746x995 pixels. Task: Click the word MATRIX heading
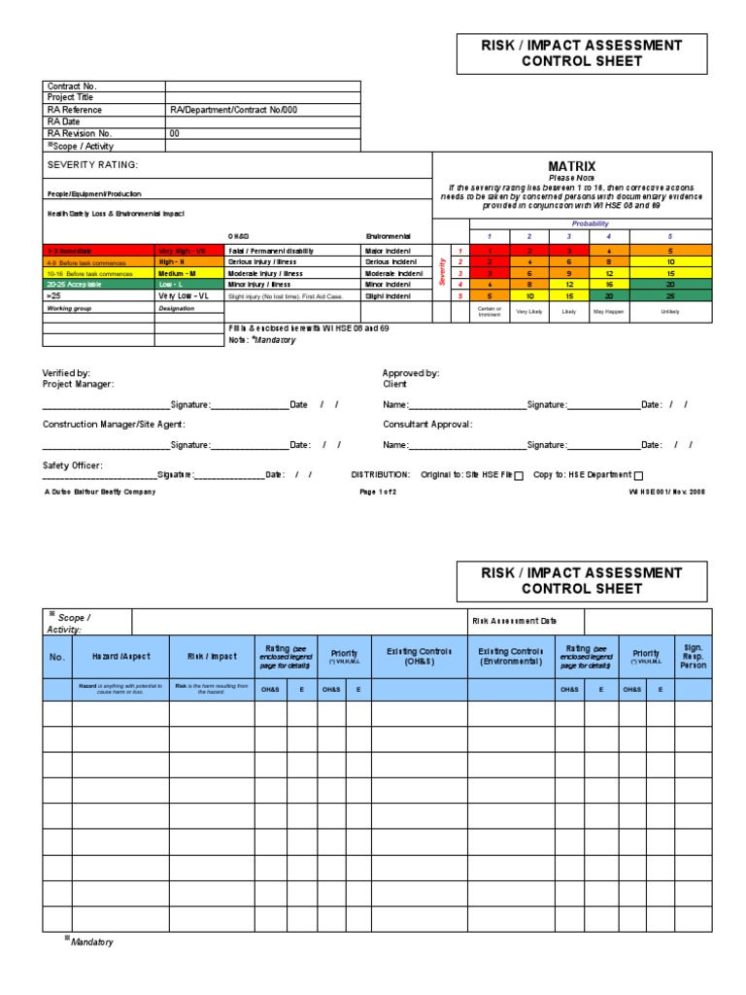pyautogui.click(x=571, y=166)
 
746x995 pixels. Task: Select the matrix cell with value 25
pyautogui.click(x=670, y=295)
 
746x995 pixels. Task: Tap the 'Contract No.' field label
pyautogui.click(x=73, y=86)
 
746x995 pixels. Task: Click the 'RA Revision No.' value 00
pyautogui.click(x=175, y=133)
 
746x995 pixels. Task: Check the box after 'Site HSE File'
pyautogui.click(x=518, y=475)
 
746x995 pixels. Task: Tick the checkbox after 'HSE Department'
pyautogui.click(x=638, y=475)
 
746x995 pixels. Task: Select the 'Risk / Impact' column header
pyautogui.click(x=212, y=657)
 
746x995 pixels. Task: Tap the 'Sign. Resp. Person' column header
pyautogui.click(x=693, y=657)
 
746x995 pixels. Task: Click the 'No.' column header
pyautogui.click(x=56, y=657)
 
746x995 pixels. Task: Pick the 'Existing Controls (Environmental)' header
pyautogui.click(x=511, y=657)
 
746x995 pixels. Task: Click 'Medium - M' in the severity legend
pyautogui.click(x=177, y=273)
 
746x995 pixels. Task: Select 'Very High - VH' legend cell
pyautogui.click(x=181, y=251)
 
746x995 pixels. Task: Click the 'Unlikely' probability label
pyautogui.click(x=670, y=312)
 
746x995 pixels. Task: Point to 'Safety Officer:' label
pyautogui.click(x=73, y=465)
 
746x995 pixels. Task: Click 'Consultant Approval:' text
pyautogui.click(x=427, y=425)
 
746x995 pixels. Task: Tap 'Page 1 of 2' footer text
pyautogui.click(x=378, y=492)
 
